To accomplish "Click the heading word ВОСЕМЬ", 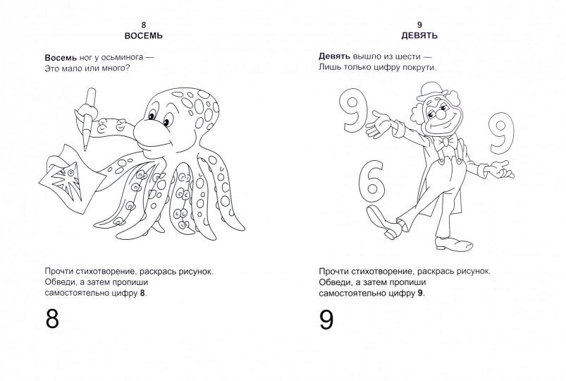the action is click(x=144, y=36).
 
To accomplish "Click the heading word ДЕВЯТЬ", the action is click(x=419, y=35).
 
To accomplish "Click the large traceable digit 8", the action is click(x=52, y=318).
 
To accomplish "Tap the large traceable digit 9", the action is click(x=326, y=320).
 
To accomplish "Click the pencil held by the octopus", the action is click(x=88, y=119).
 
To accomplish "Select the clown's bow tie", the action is click(x=446, y=142).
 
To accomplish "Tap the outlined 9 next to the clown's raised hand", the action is click(x=353, y=109).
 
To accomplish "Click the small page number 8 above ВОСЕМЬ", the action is click(x=144, y=25).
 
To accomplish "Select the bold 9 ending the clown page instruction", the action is click(x=420, y=294).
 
